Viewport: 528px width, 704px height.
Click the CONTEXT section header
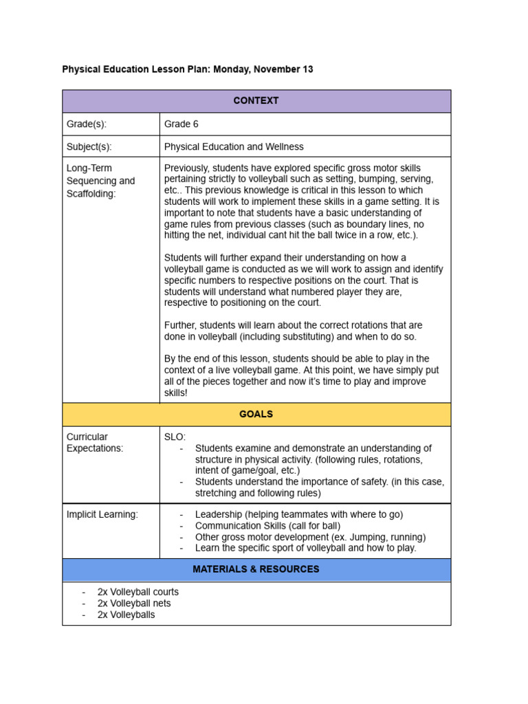point(256,100)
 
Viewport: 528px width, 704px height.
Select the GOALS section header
point(256,414)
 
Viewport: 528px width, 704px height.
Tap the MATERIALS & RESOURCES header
point(256,569)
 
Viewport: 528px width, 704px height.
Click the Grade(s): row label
point(87,124)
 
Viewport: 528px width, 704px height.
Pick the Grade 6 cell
point(181,124)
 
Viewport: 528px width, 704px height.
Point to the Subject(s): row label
point(89,146)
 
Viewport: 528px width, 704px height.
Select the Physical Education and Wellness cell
point(234,146)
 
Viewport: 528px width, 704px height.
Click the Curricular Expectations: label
point(95,442)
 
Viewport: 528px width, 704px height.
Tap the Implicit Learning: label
point(102,514)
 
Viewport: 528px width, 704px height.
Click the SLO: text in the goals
point(175,437)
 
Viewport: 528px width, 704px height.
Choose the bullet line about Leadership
point(298,514)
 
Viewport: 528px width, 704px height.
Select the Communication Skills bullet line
point(277,526)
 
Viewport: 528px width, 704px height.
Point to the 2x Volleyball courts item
point(137,592)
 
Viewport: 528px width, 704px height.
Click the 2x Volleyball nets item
point(134,603)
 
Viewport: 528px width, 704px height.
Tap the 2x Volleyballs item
point(126,615)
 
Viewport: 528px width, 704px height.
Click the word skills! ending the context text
point(175,393)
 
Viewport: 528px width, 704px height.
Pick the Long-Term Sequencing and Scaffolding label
point(100,181)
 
